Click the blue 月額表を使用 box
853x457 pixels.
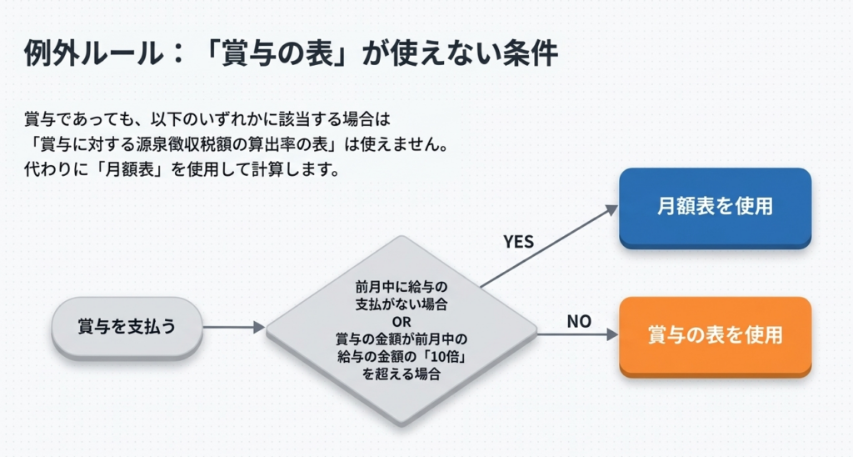(715, 207)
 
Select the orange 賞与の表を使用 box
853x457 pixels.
(715, 335)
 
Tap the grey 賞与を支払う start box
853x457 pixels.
(127, 327)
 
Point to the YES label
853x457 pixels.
(518, 242)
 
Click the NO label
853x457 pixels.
(578, 320)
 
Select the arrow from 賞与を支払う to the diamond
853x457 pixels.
(233, 328)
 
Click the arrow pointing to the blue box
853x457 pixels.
(550, 245)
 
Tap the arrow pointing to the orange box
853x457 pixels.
(578, 334)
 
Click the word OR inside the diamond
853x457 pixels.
(402, 321)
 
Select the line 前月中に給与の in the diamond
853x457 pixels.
(402, 287)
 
